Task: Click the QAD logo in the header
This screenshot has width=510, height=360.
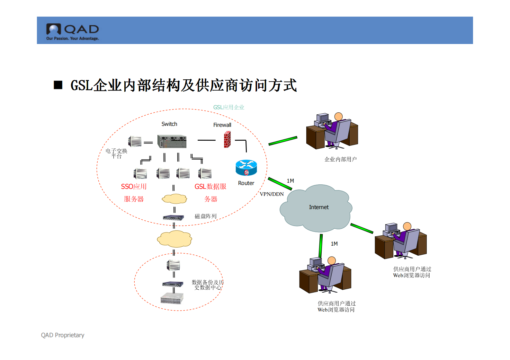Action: click(x=73, y=31)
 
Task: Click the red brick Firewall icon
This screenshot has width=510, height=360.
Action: click(x=227, y=140)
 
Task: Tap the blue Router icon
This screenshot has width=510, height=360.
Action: click(x=246, y=168)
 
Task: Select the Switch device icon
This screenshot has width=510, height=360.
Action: click(x=172, y=141)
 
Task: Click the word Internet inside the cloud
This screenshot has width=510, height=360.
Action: click(x=318, y=207)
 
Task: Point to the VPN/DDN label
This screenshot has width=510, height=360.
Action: click(x=272, y=194)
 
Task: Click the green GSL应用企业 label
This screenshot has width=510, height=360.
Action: click(x=228, y=107)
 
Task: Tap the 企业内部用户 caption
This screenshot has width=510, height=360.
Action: click(x=340, y=159)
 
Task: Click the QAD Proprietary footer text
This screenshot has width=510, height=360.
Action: click(x=63, y=335)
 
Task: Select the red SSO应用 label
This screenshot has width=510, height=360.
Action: click(x=134, y=187)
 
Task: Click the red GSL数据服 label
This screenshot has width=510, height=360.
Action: click(x=210, y=187)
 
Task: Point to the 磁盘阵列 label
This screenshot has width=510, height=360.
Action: click(x=205, y=216)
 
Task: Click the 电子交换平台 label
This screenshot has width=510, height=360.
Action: click(x=116, y=153)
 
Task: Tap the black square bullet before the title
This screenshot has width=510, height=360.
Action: click(x=58, y=85)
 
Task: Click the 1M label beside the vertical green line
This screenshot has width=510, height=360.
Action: click(x=334, y=244)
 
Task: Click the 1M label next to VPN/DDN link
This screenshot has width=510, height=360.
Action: click(x=290, y=181)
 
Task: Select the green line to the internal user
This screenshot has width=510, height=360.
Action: click(x=283, y=141)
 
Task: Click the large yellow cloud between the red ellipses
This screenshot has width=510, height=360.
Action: click(x=174, y=239)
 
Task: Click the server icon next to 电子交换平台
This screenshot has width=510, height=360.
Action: click(x=135, y=141)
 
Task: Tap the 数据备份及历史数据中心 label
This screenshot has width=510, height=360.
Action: click(x=208, y=285)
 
